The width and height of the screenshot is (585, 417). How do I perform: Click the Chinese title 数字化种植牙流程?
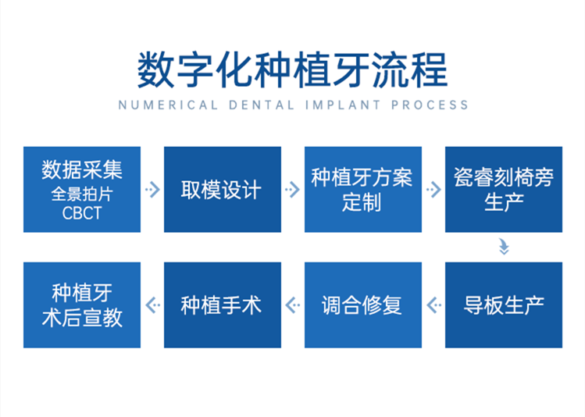pos(292,70)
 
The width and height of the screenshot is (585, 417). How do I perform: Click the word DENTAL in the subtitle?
pos(262,105)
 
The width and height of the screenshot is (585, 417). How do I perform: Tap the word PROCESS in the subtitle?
pos(430,105)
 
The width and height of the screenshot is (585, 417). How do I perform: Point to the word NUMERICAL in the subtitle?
pos(168,105)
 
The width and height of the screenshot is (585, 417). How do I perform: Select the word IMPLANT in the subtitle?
pos(343,105)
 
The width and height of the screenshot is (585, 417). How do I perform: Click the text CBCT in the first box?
pos(82,213)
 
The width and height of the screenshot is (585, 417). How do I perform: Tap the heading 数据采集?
pos(82,169)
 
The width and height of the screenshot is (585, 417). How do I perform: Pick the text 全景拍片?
pos(82,194)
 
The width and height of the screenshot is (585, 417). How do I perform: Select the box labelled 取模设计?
pos(223,190)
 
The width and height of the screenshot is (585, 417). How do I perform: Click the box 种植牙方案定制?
pos(363,190)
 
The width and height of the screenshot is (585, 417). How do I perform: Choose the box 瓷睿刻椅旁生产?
pos(504,190)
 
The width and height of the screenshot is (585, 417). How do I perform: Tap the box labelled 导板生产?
pos(504,305)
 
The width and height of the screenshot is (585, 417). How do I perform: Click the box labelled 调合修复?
pos(363,305)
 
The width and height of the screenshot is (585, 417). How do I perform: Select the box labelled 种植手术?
pos(223,305)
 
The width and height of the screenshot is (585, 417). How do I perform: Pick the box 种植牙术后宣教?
pos(82,305)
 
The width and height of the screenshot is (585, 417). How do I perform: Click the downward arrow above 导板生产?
pos(504,248)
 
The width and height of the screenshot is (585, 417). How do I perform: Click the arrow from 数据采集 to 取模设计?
pos(152,190)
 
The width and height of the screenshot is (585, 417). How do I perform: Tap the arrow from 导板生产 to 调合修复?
pos(434,305)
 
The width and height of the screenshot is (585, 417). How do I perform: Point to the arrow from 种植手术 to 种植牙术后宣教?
pos(152,305)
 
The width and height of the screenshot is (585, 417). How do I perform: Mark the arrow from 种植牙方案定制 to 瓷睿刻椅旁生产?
pos(434,190)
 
